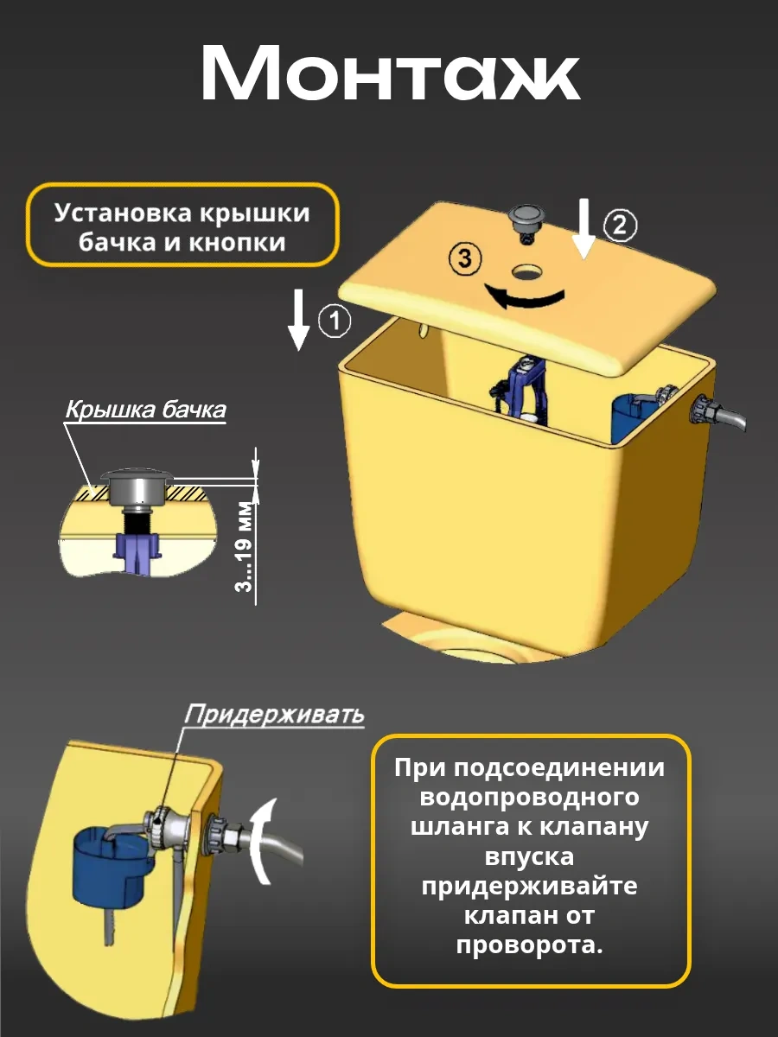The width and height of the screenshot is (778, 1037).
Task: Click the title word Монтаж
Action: click(x=391, y=73)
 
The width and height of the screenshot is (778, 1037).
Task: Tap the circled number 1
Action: click(x=335, y=321)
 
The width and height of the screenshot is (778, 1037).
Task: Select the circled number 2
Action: click(x=620, y=225)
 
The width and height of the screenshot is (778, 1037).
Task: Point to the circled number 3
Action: click(x=465, y=259)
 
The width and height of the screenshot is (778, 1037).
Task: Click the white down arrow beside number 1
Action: click(x=298, y=321)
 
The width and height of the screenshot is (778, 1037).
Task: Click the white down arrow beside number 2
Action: click(x=584, y=229)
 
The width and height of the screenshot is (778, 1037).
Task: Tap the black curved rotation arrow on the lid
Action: click(x=524, y=297)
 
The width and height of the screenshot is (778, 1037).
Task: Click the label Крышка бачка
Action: click(x=145, y=409)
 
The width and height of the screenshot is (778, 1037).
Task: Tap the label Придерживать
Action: click(x=274, y=714)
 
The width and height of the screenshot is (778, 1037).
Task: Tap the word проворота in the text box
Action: click(x=529, y=946)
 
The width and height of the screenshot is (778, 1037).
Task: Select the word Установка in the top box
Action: click(x=123, y=213)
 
